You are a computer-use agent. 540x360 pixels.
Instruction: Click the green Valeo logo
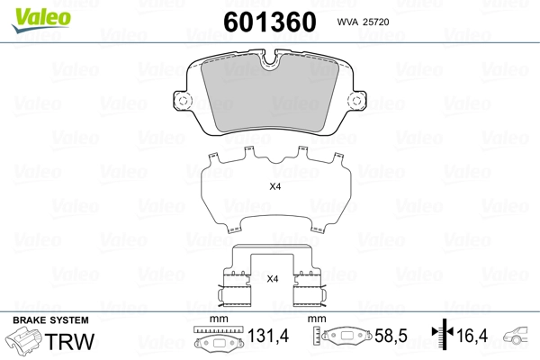[x=41, y=20]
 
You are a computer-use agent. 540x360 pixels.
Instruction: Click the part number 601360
[x=270, y=22]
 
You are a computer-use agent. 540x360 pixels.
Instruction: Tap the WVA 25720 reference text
[x=363, y=22]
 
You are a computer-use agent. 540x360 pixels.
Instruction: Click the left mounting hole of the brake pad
[x=183, y=101]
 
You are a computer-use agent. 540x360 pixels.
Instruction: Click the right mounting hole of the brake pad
[x=356, y=101]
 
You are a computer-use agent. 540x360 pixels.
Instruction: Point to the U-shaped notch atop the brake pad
[x=270, y=60]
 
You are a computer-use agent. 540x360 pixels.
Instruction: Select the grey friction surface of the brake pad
[x=270, y=94]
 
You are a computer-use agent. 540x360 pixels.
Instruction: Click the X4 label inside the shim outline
[x=274, y=186]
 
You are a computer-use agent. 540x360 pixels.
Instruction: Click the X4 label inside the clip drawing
[x=273, y=279]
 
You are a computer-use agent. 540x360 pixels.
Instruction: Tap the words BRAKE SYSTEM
[x=50, y=320]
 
